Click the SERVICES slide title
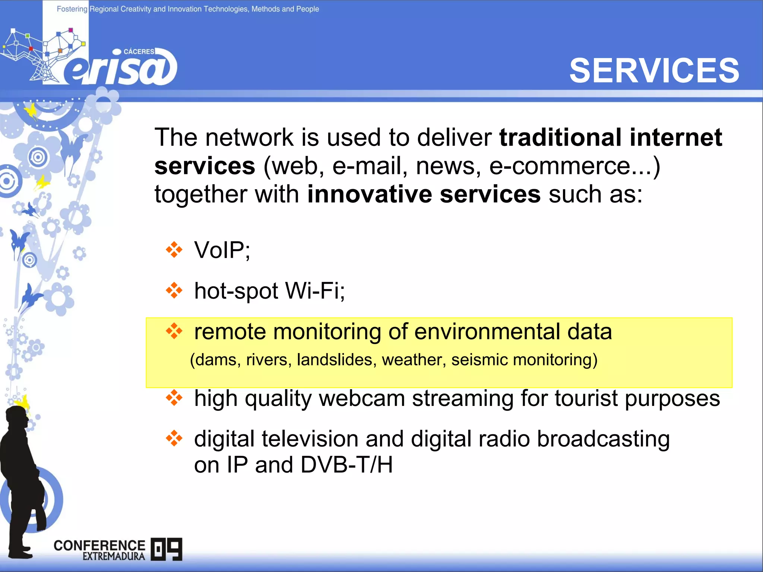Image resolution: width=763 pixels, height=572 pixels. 654,71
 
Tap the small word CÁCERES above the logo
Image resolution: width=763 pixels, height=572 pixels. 139,51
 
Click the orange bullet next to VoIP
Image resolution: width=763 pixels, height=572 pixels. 174,250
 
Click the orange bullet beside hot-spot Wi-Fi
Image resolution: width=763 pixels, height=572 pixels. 174,290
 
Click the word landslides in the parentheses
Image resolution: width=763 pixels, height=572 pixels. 334,360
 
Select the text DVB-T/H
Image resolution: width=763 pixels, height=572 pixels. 346,465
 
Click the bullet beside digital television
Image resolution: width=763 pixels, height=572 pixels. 174,438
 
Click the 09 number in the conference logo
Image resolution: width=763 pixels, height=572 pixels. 167,549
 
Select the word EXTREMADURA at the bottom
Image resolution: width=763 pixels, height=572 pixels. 114,556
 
